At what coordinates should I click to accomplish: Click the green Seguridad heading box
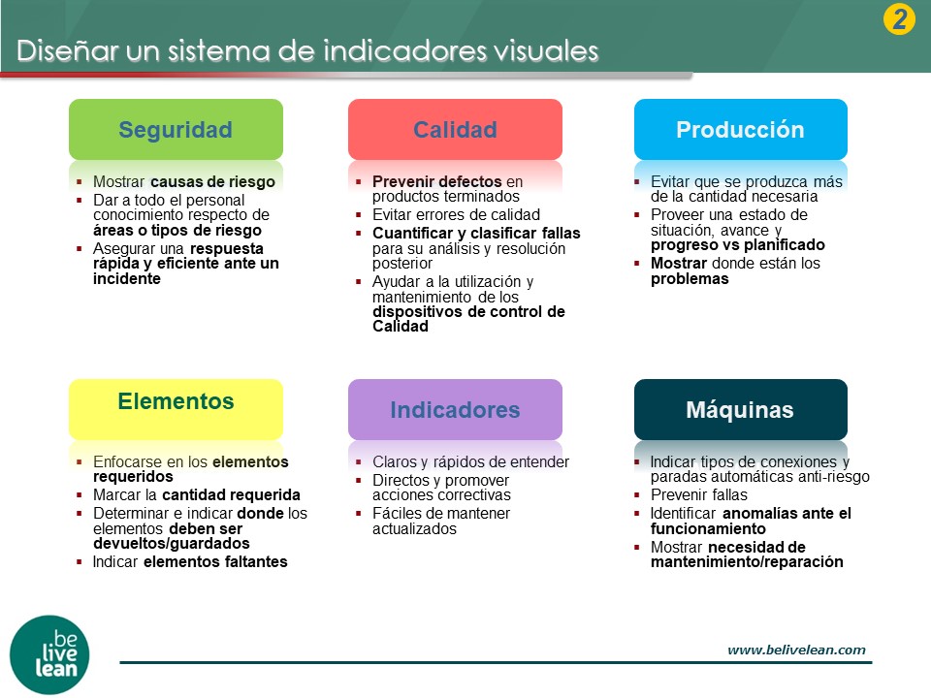[x=176, y=129]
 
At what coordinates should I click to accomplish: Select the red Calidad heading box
[x=455, y=129]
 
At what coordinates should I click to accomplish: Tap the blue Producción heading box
[x=740, y=129]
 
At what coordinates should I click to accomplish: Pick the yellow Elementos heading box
[x=176, y=409]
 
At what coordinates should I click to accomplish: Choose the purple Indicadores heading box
[x=455, y=409]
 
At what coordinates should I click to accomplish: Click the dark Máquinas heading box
[x=740, y=409]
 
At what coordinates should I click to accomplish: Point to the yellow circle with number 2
[x=899, y=19]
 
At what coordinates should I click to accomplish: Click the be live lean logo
[x=49, y=654]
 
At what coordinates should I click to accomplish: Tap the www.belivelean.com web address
[x=796, y=650]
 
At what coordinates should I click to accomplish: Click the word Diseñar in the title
[x=68, y=50]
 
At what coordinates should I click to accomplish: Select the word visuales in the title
[x=546, y=51]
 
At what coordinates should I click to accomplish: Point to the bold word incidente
[x=126, y=279]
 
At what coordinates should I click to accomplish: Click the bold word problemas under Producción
[x=690, y=279]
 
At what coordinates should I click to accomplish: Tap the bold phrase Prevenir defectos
[x=437, y=181]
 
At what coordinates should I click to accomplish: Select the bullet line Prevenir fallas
[x=699, y=495]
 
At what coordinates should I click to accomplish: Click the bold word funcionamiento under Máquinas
[x=708, y=529]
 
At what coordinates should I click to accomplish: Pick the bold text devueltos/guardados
[x=171, y=544]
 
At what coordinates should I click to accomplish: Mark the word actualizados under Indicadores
[x=414, y=529]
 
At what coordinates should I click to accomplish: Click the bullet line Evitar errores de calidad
[x=456, y=215]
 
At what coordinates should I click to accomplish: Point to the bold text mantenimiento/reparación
[x=747, y=562]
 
